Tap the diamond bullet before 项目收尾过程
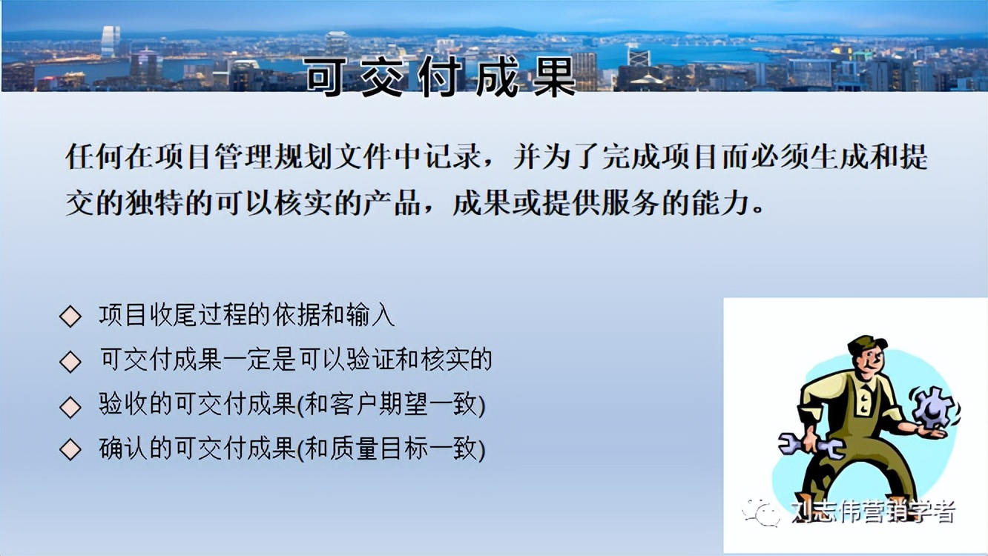[70, 317]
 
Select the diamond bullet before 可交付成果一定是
[70, 362]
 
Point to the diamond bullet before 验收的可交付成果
[70, 406]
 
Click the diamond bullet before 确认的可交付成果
[70, 450]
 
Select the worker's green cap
[867, 344]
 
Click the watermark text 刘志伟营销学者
[872, 512]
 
